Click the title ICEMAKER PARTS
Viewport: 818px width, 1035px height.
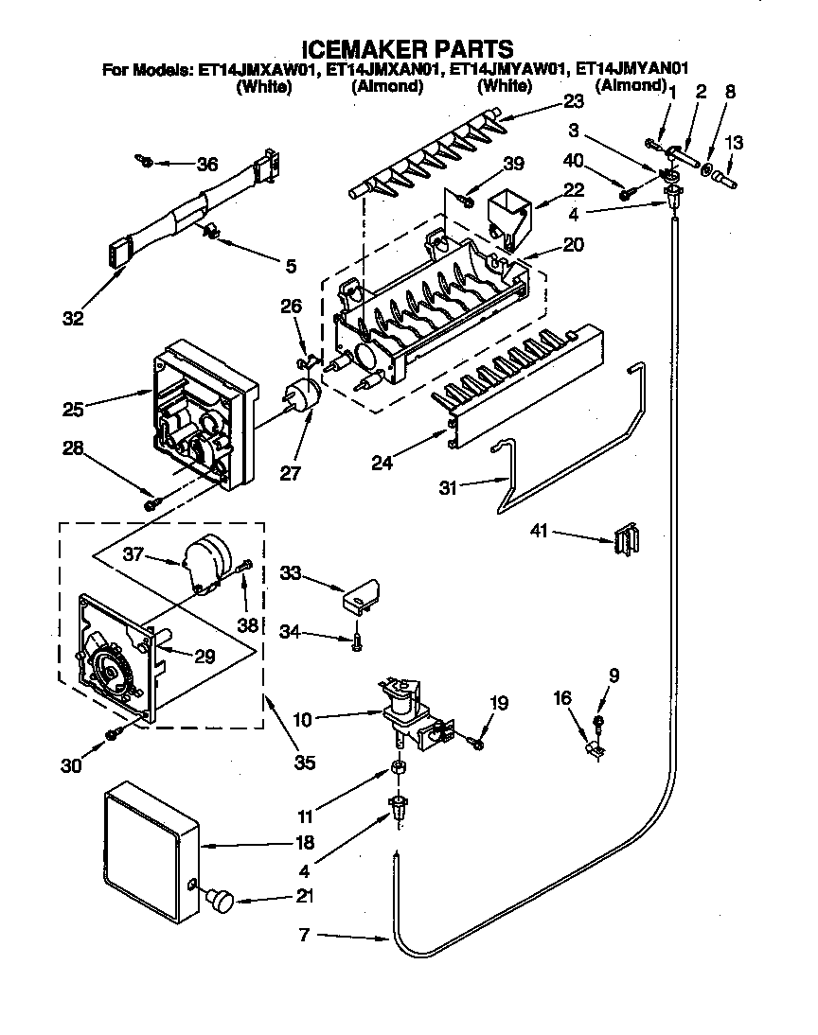click(x=408, y=48)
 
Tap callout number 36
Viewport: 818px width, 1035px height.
click(x=206, y=164)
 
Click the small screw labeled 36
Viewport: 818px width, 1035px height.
click(x=145, y=161)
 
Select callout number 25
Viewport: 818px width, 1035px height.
click(x=73, y=409)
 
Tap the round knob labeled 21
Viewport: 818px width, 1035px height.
click(x=222, y=900)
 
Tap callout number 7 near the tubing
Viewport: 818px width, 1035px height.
click(x=304, y=936)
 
